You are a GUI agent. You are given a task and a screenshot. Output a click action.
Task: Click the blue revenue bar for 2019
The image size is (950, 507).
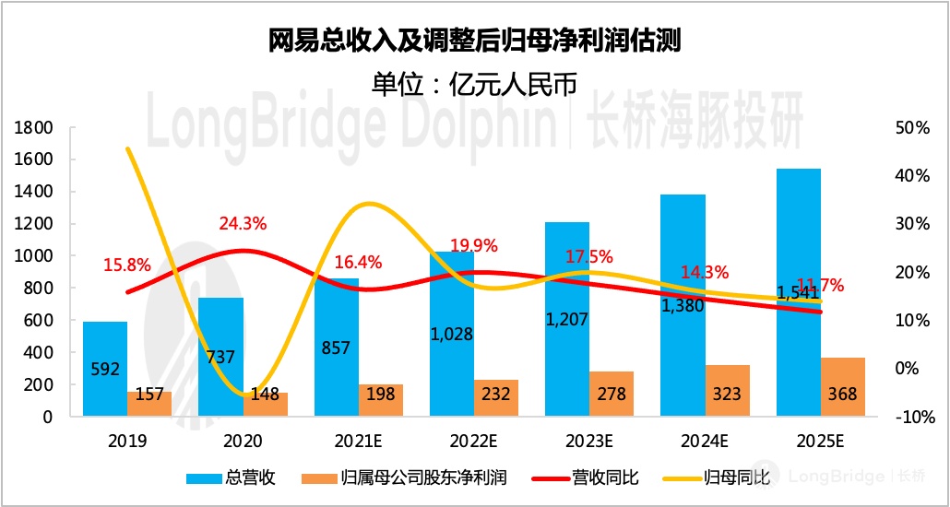(x=105, y=369)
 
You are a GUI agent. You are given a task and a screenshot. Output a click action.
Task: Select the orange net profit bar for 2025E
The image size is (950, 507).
(x=843, y=387)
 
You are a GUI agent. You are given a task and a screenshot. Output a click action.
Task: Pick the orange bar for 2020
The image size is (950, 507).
(x=266, y=405)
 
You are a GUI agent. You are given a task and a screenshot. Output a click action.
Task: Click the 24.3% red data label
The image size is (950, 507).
(x=243, y=223)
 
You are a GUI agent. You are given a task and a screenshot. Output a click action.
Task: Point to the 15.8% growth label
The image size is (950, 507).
(x=127, y=265)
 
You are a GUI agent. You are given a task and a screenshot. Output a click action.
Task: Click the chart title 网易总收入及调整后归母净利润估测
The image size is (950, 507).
(x=474, y=41)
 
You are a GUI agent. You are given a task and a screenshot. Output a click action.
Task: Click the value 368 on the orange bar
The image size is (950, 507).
(x=842, y=395)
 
